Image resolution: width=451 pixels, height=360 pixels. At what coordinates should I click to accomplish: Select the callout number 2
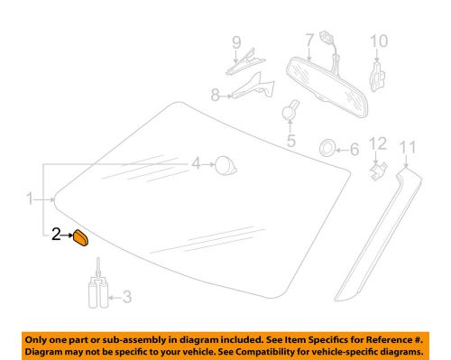tap(55, 236)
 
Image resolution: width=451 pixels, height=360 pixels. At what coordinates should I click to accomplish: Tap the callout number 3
tap(127, 293)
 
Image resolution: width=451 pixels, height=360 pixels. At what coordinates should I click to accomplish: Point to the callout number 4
tap(195, 163)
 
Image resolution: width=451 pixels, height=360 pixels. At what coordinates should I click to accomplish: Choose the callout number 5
tap(290, 141)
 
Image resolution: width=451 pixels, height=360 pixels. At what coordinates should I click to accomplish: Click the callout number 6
tap(353, 150)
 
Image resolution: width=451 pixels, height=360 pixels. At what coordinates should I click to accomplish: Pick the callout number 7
tap(308, 39)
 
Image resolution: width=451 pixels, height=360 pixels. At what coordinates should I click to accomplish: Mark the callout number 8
tap(216, 94)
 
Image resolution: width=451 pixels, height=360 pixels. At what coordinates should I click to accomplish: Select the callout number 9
tap(236, 42)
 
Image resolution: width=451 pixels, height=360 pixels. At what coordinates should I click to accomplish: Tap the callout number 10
tap(378, 40)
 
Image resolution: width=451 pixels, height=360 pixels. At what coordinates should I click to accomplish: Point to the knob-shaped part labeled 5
tap(290, 112)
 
